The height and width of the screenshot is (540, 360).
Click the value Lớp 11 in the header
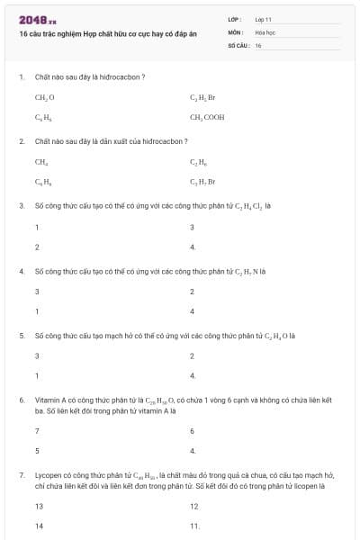point(264,19)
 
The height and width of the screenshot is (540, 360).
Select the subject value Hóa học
point(265,31)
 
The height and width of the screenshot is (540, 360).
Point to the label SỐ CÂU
point(238,44)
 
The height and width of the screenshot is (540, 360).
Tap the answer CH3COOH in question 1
point(207,117)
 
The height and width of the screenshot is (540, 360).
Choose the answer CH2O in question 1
point(45,96)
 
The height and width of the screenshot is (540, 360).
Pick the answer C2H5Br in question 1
point(202,96)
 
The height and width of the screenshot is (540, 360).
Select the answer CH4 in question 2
point(41,162)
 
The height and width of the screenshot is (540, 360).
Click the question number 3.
point(21,205)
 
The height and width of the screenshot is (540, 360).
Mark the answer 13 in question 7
point(39,507)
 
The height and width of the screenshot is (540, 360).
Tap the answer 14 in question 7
point(39,526)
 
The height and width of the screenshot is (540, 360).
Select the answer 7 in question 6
point(37,431)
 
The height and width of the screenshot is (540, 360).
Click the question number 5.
point(21,335)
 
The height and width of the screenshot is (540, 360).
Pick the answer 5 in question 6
point(37,450)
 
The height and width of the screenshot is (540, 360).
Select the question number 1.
point(21,76)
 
